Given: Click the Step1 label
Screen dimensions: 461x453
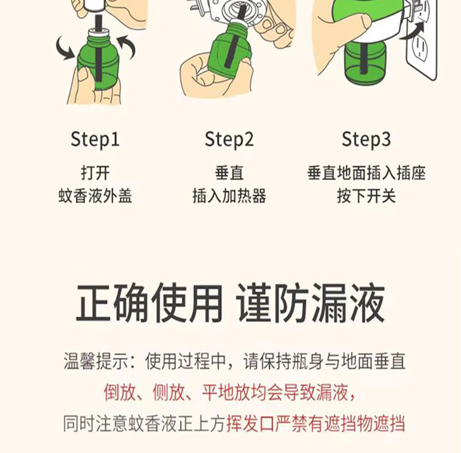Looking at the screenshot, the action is click(95, 140).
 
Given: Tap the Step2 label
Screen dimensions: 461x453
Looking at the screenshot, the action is click(229, 140).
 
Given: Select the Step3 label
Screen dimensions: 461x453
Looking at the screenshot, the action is click(366, 140).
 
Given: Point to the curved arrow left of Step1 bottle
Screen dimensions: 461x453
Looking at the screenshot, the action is click(65, 48).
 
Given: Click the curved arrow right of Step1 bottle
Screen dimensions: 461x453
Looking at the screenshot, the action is click(128, 47).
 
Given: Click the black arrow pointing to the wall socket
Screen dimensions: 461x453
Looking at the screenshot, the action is click(414, 31).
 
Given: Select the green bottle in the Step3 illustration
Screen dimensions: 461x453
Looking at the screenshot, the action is click(365, 61).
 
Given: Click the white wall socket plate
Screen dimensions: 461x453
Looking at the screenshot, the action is click(421, 44).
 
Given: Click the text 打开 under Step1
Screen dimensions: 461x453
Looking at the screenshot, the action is click(95, 173).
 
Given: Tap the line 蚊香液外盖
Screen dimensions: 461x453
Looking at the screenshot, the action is click(95, 196).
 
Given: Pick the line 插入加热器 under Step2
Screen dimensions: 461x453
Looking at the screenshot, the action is click(229, 196).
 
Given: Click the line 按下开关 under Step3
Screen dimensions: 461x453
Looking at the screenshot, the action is click(366, 196).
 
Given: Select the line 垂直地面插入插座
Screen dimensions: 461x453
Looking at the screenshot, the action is click(366, 173).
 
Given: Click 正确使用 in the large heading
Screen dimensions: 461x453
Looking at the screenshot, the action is click(149, 303).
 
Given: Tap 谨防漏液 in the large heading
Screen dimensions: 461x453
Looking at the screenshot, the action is click(311, 303).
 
